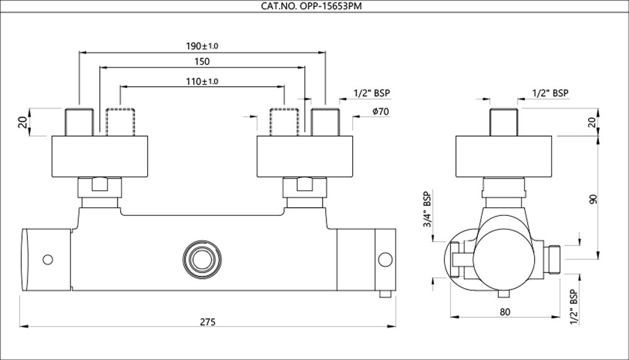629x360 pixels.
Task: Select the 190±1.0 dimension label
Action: (x=201, y=46)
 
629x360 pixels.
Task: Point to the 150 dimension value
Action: (x=201, y=62)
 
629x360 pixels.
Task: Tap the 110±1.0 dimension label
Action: (x=201, y=81)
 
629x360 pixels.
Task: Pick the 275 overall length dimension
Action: (x=208, y=322)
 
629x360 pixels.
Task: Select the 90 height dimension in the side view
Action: (x=593, y=199)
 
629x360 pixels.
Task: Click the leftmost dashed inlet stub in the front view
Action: (x=120, y=121)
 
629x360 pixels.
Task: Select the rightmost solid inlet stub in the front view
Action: (x=326, y=121)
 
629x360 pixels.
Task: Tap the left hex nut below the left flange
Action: (x=101, y=187)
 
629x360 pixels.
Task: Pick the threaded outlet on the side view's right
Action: (x=551, y=257)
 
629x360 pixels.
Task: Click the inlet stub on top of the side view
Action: (x=503, y=121)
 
